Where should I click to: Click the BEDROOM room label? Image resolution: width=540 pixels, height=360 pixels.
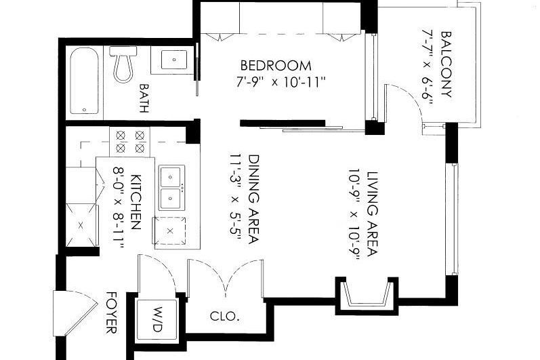276,66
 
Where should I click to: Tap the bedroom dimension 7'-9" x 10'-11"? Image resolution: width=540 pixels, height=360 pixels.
281,83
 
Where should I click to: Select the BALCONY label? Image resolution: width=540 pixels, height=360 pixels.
446,64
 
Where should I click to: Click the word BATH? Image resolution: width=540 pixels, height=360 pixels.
144,98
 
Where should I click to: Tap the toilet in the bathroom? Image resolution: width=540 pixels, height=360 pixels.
123,64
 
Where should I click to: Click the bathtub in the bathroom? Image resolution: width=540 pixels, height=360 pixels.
85,81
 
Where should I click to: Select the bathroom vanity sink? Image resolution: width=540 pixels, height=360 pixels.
174,60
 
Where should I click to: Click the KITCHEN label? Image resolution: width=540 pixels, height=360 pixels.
136,202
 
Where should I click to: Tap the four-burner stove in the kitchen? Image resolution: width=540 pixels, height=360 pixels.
130,142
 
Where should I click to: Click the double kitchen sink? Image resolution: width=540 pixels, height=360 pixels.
171,188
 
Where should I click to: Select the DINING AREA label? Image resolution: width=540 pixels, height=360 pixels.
254,199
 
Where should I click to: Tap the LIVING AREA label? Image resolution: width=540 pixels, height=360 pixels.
372,214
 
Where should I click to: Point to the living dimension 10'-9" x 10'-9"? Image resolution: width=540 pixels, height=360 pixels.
354,214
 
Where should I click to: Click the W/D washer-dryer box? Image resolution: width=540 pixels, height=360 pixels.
157,319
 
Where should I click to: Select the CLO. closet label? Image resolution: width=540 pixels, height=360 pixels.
224,316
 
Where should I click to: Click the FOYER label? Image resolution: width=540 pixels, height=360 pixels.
111,313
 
